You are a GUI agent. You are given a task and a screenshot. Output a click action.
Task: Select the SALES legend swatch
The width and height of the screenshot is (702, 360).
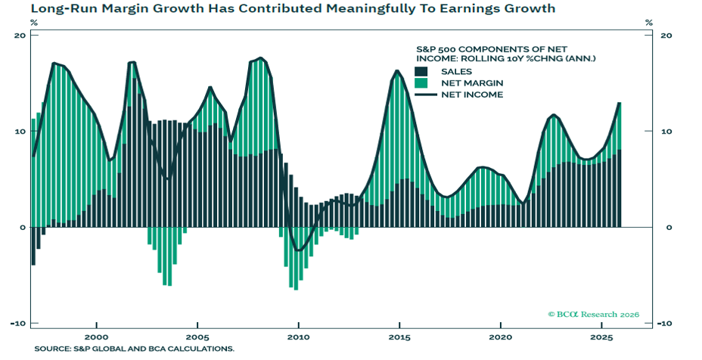(x=422, y=71)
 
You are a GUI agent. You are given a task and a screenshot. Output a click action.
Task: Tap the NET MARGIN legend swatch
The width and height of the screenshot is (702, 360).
(x=422, y=82)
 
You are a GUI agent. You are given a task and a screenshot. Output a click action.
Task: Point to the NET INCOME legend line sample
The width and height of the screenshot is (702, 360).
(x=422, y=95)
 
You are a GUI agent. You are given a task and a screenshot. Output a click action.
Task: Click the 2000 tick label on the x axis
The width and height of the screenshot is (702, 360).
(x=96, y=337)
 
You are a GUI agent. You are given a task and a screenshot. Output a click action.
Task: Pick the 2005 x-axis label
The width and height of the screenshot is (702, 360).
(x=197, y=337)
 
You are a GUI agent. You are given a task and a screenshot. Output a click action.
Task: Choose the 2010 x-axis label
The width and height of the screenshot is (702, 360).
(x=299, y=337)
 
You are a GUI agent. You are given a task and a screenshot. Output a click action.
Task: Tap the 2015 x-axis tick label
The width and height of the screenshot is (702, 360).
(x=399, y=337)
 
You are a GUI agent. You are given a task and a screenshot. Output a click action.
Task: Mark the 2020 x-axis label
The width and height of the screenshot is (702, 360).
(x=500, y=337)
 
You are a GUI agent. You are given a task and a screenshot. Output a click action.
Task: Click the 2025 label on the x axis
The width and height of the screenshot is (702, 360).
(x=601, y=337)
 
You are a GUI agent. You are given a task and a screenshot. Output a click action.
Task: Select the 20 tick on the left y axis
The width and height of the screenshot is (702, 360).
(x=20, y=36)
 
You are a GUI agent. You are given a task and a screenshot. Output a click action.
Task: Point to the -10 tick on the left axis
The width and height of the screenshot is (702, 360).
(x=17, y=323)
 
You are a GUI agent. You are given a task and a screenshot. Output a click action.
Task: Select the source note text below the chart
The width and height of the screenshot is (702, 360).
(x=134, y=349)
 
